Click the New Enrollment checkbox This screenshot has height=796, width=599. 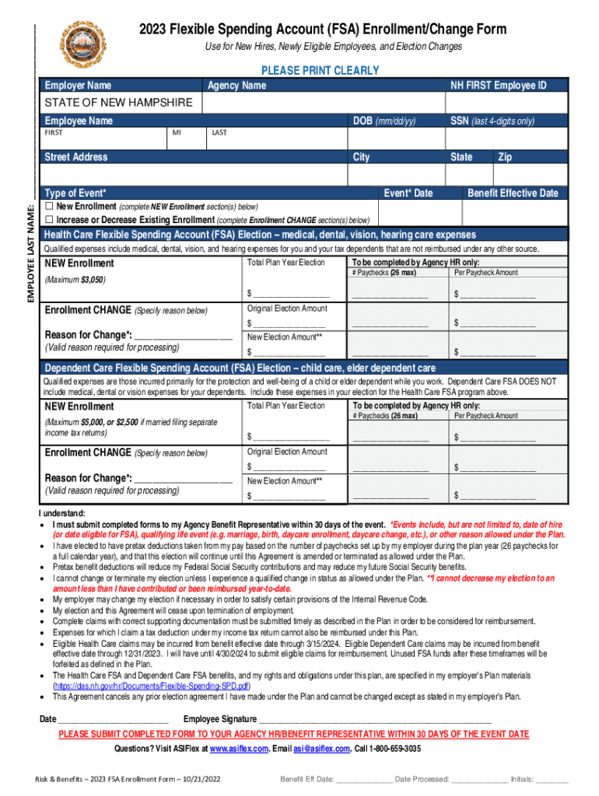(x=48, y=208)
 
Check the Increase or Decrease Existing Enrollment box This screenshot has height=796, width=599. (x=48, y=220)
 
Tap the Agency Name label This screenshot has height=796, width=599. (x=236, y=86)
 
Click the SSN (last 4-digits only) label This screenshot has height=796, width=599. (x=492, y=121)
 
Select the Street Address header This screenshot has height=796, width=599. (x=76, y=157)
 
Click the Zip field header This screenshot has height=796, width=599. (x=505, y=157)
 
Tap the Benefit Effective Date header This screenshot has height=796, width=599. (x=513, y=193)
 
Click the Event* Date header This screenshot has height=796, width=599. (x=408, y=193)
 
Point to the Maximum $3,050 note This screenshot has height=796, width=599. (x=75, y=279)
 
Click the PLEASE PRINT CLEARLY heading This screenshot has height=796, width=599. (x=320, y=71)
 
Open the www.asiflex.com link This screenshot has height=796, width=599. (x=238, y=749)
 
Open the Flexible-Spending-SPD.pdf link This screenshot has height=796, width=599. (x=151, y=687)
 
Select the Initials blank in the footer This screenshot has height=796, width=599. (x=552, y=780)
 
